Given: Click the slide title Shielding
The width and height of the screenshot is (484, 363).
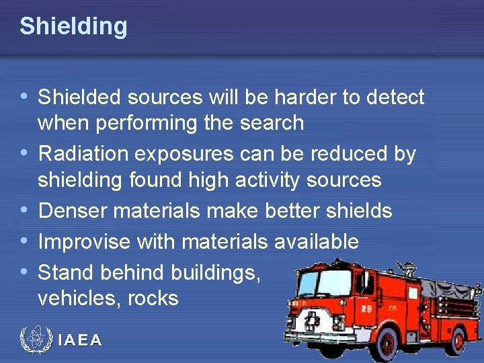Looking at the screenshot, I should (73, 26).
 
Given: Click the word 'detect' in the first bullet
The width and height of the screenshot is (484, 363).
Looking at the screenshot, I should (395, 98).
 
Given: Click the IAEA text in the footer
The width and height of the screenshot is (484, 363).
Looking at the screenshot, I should (80, 341).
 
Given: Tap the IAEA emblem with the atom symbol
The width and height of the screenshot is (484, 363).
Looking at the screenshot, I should (35, 339).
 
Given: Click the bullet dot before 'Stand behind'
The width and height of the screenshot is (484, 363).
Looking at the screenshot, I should (25, 272).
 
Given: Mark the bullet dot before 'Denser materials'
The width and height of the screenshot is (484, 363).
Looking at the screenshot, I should (25, 211).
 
